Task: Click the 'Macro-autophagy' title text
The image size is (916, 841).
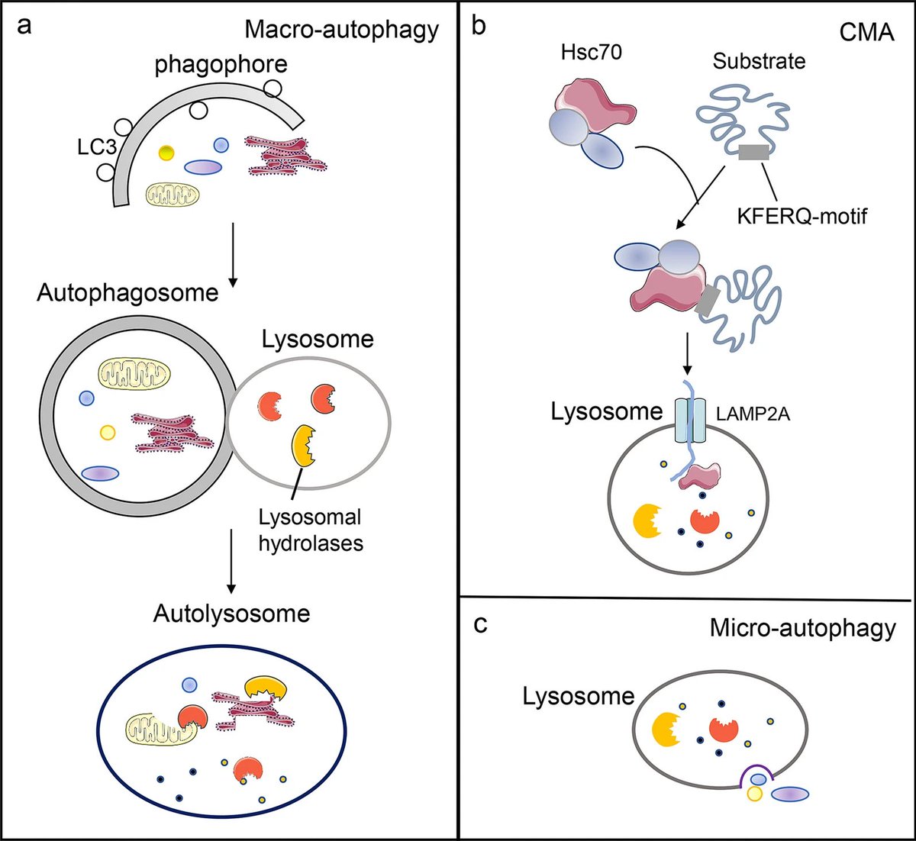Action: click(x=342, y=30)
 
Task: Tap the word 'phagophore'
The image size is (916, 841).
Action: click(x=221, y=65)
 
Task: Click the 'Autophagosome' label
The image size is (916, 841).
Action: click(x=127, y=292)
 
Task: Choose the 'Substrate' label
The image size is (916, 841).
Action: click(x=759, y=61)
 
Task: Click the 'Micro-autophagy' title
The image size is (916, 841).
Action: click(x=802, y=628)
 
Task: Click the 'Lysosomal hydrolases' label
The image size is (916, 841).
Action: click(x=310, y=530)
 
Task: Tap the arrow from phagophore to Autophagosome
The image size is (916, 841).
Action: click(x=232, y=251)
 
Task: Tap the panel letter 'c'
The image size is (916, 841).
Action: click(x=480, y=623)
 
